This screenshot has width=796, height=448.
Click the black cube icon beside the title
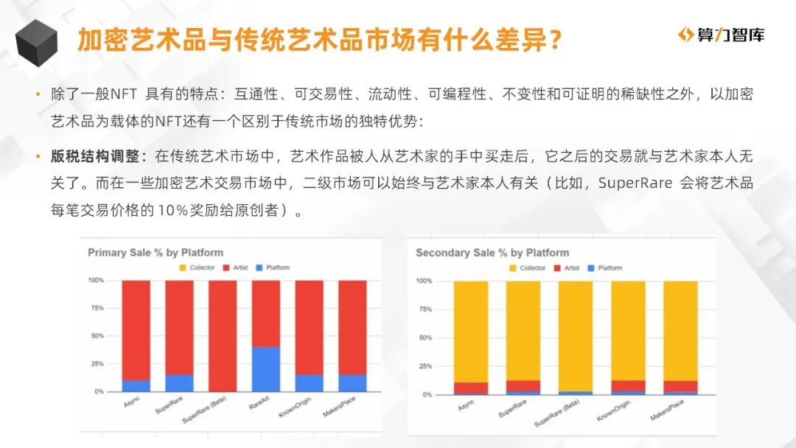point(36,43)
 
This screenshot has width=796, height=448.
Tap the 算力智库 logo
point(721,35)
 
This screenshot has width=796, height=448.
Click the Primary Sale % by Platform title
point(156,253)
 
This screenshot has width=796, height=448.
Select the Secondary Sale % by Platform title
point(492,253)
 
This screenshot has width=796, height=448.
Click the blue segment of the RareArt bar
point(265,369)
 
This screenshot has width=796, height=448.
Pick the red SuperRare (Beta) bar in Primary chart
point(223,336)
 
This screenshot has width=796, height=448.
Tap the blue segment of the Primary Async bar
point(136,386)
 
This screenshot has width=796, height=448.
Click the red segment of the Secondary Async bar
point(470,388)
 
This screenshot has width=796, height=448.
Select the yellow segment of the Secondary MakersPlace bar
point(680,332)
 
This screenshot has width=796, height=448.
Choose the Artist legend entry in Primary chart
point(236,267)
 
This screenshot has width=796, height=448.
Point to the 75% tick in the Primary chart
point(97,308)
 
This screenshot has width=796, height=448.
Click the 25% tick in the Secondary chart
point(425,365)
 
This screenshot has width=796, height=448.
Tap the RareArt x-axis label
point(259,403)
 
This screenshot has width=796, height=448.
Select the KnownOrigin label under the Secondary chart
point(613,410)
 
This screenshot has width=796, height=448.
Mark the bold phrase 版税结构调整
point(95,156)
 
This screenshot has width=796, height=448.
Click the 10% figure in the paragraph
point(172,209)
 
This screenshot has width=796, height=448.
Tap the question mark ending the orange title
point(555,40)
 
